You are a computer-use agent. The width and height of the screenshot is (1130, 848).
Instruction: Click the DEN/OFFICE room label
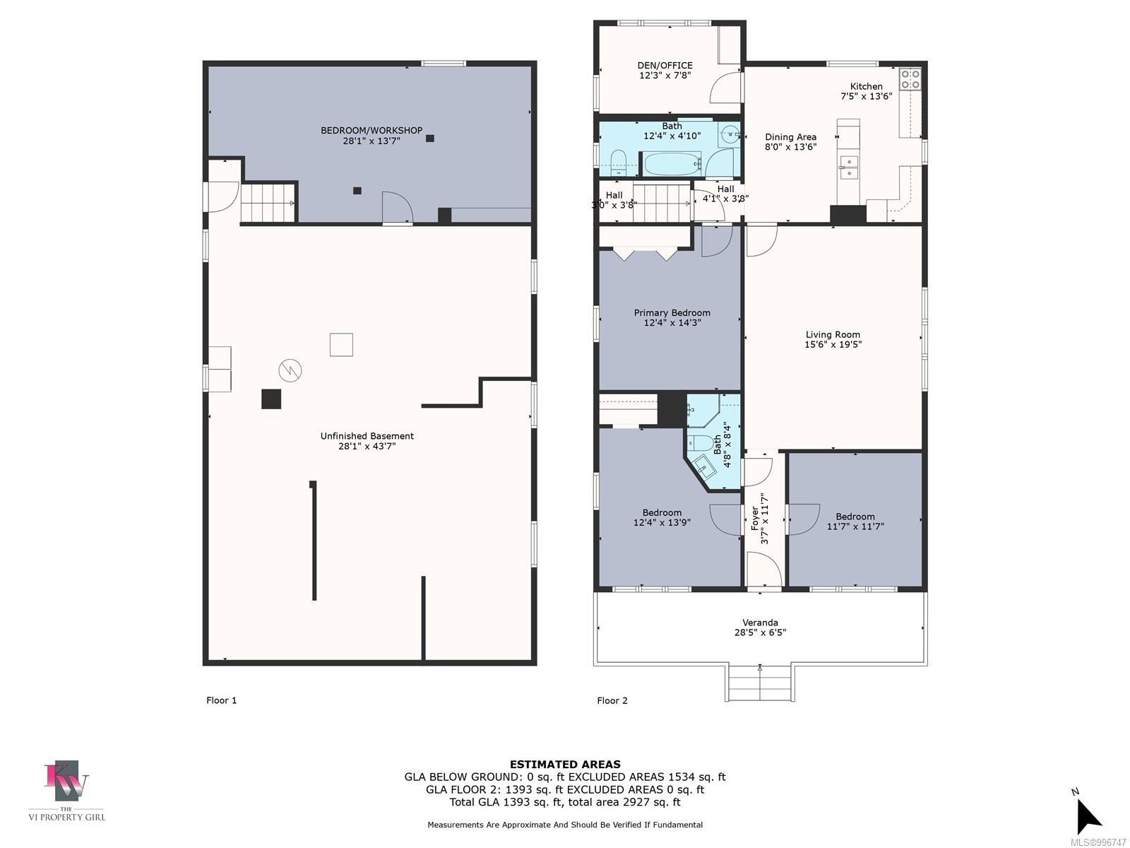[665, 65]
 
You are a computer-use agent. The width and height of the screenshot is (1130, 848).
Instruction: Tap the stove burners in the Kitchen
[910, 78]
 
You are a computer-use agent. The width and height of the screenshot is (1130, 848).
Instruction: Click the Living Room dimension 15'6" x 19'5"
[833, 345]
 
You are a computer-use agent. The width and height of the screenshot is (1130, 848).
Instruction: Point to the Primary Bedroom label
[672, 312]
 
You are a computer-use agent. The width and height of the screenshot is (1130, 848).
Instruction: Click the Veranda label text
[760, 623]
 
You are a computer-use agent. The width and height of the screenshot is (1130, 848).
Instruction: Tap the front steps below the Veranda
[760, 683]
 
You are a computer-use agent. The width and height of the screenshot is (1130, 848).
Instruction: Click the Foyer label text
[754, 517]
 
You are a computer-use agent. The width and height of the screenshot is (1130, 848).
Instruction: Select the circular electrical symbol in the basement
[290, 370]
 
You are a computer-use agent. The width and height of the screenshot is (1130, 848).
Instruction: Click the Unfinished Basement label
[367, 436]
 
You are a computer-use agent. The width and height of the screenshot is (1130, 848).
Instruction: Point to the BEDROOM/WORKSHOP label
[371, 130]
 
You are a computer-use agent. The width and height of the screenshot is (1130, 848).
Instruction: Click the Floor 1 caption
[221, 700]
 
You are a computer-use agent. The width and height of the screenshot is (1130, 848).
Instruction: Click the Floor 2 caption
[612, 700]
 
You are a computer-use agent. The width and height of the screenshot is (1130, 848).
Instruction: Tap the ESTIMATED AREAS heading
[565, 764]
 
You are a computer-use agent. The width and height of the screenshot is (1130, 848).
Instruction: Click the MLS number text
[1098, 842]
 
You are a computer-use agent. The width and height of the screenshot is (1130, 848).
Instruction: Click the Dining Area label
[790, 137]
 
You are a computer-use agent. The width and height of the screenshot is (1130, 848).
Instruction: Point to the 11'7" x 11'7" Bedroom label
[855, 517]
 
